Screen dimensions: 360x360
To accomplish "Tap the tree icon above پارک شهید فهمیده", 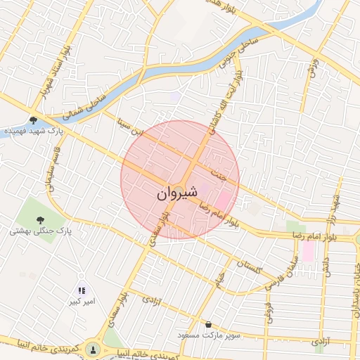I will pos(34,120).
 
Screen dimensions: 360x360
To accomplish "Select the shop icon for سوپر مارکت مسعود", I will pos(209,324).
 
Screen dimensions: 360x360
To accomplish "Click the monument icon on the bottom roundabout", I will pos(93,349).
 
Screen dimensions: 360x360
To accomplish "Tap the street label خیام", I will pos(220,279).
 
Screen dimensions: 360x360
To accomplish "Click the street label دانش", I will pos(326,266).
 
